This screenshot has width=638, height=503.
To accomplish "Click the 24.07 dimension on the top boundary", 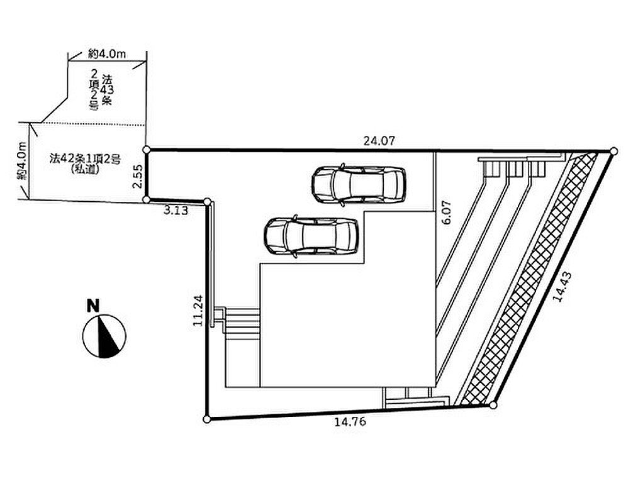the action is (379, 141).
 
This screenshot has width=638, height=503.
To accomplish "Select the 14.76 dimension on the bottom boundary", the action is (350, 422).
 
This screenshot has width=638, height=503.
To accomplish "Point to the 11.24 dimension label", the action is (198, 311).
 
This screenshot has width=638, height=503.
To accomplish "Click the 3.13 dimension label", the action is (176, 211).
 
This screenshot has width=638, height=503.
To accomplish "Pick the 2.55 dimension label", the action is (138, 175).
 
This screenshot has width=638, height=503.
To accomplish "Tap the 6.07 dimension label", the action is (446, 213).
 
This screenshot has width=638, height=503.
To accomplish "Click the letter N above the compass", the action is (93, 306).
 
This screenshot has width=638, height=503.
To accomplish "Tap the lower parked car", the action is (311, 236).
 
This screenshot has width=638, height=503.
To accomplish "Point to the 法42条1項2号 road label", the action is (85, 158).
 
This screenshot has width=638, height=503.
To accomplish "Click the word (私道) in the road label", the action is (85, 170).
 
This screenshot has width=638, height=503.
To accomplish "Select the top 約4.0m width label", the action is (106, 53).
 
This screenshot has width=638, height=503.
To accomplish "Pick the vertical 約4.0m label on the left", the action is (21, 160).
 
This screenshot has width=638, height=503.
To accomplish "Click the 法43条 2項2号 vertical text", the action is (101, 90).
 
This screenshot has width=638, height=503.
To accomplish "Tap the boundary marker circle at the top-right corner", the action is (613, 152).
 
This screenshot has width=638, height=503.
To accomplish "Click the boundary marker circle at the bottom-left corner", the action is (207, 419).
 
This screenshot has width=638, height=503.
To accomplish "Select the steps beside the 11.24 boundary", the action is (241, 324).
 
